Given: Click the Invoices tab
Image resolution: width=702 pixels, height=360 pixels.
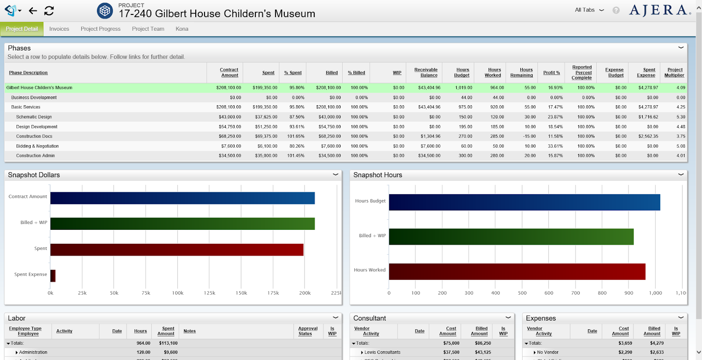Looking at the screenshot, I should (x=59, y=29).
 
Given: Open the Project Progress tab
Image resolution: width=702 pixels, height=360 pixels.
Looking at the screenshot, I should (x=100, y=29).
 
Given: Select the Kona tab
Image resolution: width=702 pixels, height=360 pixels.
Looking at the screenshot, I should (x=182, y=29).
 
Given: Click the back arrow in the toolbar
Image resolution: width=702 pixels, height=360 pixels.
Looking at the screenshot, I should (x=33, y=11).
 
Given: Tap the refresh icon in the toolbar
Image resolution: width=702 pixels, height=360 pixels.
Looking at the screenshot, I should (x=49, y=11).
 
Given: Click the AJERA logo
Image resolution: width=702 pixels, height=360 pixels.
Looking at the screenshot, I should (x=659, y=10).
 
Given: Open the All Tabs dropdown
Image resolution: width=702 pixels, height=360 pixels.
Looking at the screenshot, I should (x=589, y=10).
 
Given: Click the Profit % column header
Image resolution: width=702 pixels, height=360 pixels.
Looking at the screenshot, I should (x=552, y=73).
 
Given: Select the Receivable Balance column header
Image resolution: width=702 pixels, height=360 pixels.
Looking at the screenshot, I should (x=426, y=72).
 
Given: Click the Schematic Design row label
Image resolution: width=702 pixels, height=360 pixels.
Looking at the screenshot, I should (x=34, y=117).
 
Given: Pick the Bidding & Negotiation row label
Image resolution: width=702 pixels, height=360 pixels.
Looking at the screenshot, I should (x=37, y=146).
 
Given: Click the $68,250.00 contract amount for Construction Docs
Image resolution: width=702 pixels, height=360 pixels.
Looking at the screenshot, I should (x=230, y=136).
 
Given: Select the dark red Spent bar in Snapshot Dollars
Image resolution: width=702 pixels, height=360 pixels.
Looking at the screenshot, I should (x=177, y=250).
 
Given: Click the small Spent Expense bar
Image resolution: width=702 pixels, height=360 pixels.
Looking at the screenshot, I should (x=53, y=276).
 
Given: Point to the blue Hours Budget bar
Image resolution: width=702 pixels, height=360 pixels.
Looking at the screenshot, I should (x=524, y=202).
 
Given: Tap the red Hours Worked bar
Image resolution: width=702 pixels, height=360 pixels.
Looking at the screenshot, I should (x=517, y=271).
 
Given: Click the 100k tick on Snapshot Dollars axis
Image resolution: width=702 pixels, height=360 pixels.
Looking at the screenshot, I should (x=178, y=293).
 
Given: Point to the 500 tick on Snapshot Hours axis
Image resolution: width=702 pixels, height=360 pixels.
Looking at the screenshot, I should (x=522, y=293).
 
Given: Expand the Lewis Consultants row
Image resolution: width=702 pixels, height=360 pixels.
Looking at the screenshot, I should (x=362, y=353).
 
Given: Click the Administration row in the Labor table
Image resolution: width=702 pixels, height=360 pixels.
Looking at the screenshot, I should (x=33, y=353).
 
